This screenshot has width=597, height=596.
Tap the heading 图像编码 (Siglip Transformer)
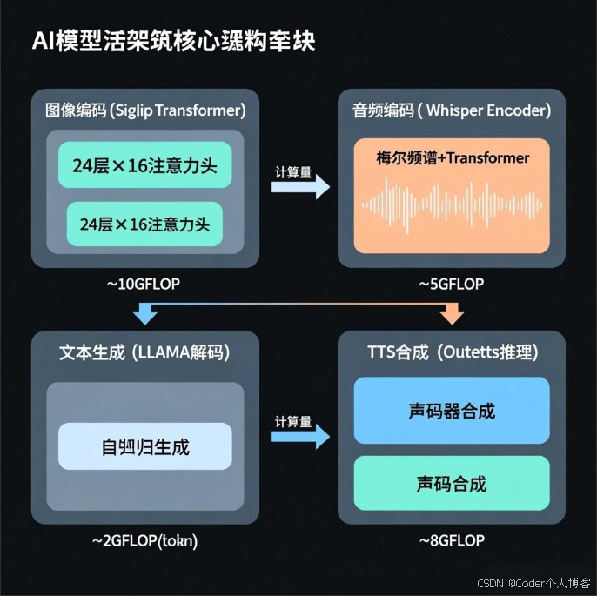[x=145, y=110]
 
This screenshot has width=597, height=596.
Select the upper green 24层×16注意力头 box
[x=144, y=164]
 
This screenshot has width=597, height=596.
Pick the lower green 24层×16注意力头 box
[x=144, y=224]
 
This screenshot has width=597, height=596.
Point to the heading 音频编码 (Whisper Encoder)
[x=452, y=110]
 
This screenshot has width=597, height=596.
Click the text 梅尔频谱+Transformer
[x=453, y=158]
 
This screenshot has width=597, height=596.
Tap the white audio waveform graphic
[x=453, y=204]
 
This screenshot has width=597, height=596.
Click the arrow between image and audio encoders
[x=300, y=185]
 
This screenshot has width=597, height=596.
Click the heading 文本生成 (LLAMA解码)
[x=144, y=352]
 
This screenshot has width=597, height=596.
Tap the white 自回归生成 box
[x=144, y=447]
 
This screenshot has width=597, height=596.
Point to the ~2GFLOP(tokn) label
[x=144, y=540]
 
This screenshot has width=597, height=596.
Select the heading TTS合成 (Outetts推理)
[x=452, y=352]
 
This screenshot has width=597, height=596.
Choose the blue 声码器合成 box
[x=452, y=411]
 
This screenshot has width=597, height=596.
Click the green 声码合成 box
[x=452, y=483]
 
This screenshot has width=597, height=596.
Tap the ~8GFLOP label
[x=452, y=540]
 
